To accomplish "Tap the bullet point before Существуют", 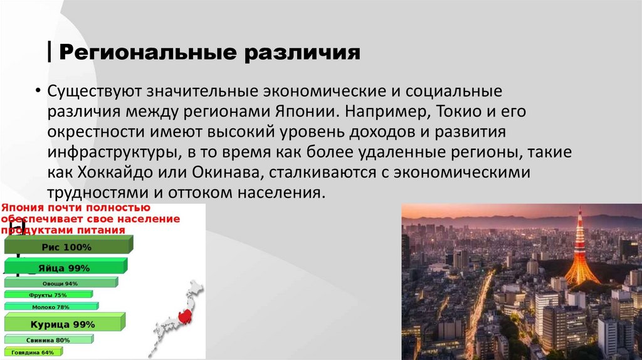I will coord(39,92).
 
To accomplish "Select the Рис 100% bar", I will coord(66,247).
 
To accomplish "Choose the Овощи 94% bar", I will coord(61,283).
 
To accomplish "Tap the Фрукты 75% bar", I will coord(48,295).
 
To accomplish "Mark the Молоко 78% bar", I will coord(51,307).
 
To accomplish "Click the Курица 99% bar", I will coord(63,324).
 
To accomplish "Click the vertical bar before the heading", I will coord(50,51).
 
